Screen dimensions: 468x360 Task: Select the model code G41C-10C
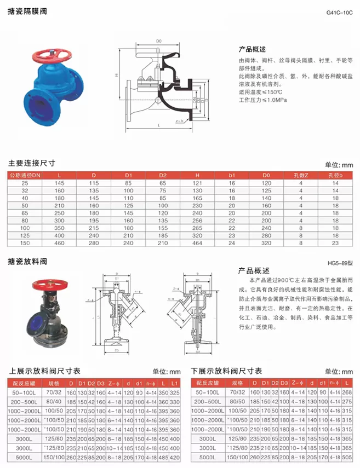coord(339,12)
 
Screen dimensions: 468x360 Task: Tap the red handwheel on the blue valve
coord(52,55)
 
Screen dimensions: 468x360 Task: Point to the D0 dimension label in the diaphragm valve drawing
coord(159,41)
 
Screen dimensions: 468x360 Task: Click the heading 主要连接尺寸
coord(32,163)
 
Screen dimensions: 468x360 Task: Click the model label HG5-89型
coord(340,263)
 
